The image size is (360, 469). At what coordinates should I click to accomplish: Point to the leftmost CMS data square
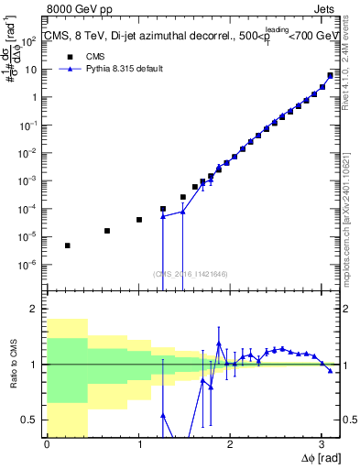[x=68, y=245]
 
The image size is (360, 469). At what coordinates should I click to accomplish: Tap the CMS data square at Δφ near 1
[x=139, y=220]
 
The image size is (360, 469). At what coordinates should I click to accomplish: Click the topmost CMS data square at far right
[x=330, y=75]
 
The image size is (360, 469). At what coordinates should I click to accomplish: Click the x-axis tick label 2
[x=230, y=444]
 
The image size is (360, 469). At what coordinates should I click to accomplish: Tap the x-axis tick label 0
[x=47, y=444]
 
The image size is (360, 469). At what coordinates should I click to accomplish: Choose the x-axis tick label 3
[x=322, y=444]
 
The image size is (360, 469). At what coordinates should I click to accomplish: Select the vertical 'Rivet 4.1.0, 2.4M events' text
[x=352, y=69]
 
